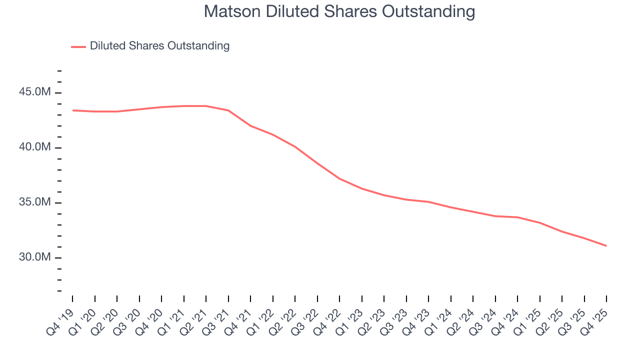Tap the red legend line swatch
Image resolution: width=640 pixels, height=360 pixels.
click(78, 46)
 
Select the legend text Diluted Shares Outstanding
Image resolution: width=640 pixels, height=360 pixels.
click(159, 46)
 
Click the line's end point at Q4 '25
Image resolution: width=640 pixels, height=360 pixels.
click(606, 245)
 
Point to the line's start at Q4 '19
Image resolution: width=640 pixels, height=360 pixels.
click(73, 110)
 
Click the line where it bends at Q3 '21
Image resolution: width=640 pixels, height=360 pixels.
click(228, 110)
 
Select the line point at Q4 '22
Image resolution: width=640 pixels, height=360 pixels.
click(339, 178)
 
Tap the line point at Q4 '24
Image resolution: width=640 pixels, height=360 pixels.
click(517, 217)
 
